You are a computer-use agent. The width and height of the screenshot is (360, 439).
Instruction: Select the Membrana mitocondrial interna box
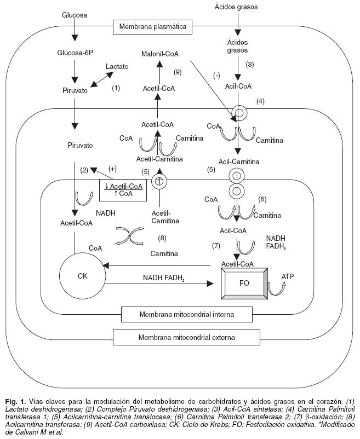(x=187, y=315)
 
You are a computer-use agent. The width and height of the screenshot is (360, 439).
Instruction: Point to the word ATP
(x=288, y=278)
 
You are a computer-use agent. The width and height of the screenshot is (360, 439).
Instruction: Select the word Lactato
(x=118, y=66)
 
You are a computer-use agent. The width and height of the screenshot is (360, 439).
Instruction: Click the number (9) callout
(x=176, y=72)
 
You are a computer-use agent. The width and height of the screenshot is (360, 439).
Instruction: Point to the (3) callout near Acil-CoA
(x=249, y=65)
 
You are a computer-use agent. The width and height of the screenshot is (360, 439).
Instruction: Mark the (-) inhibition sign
(x=217, y=76)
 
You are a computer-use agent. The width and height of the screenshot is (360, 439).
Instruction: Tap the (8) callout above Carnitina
(x=162, y=238)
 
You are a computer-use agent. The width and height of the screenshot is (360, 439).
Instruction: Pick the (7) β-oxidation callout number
(x=216, y=245)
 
